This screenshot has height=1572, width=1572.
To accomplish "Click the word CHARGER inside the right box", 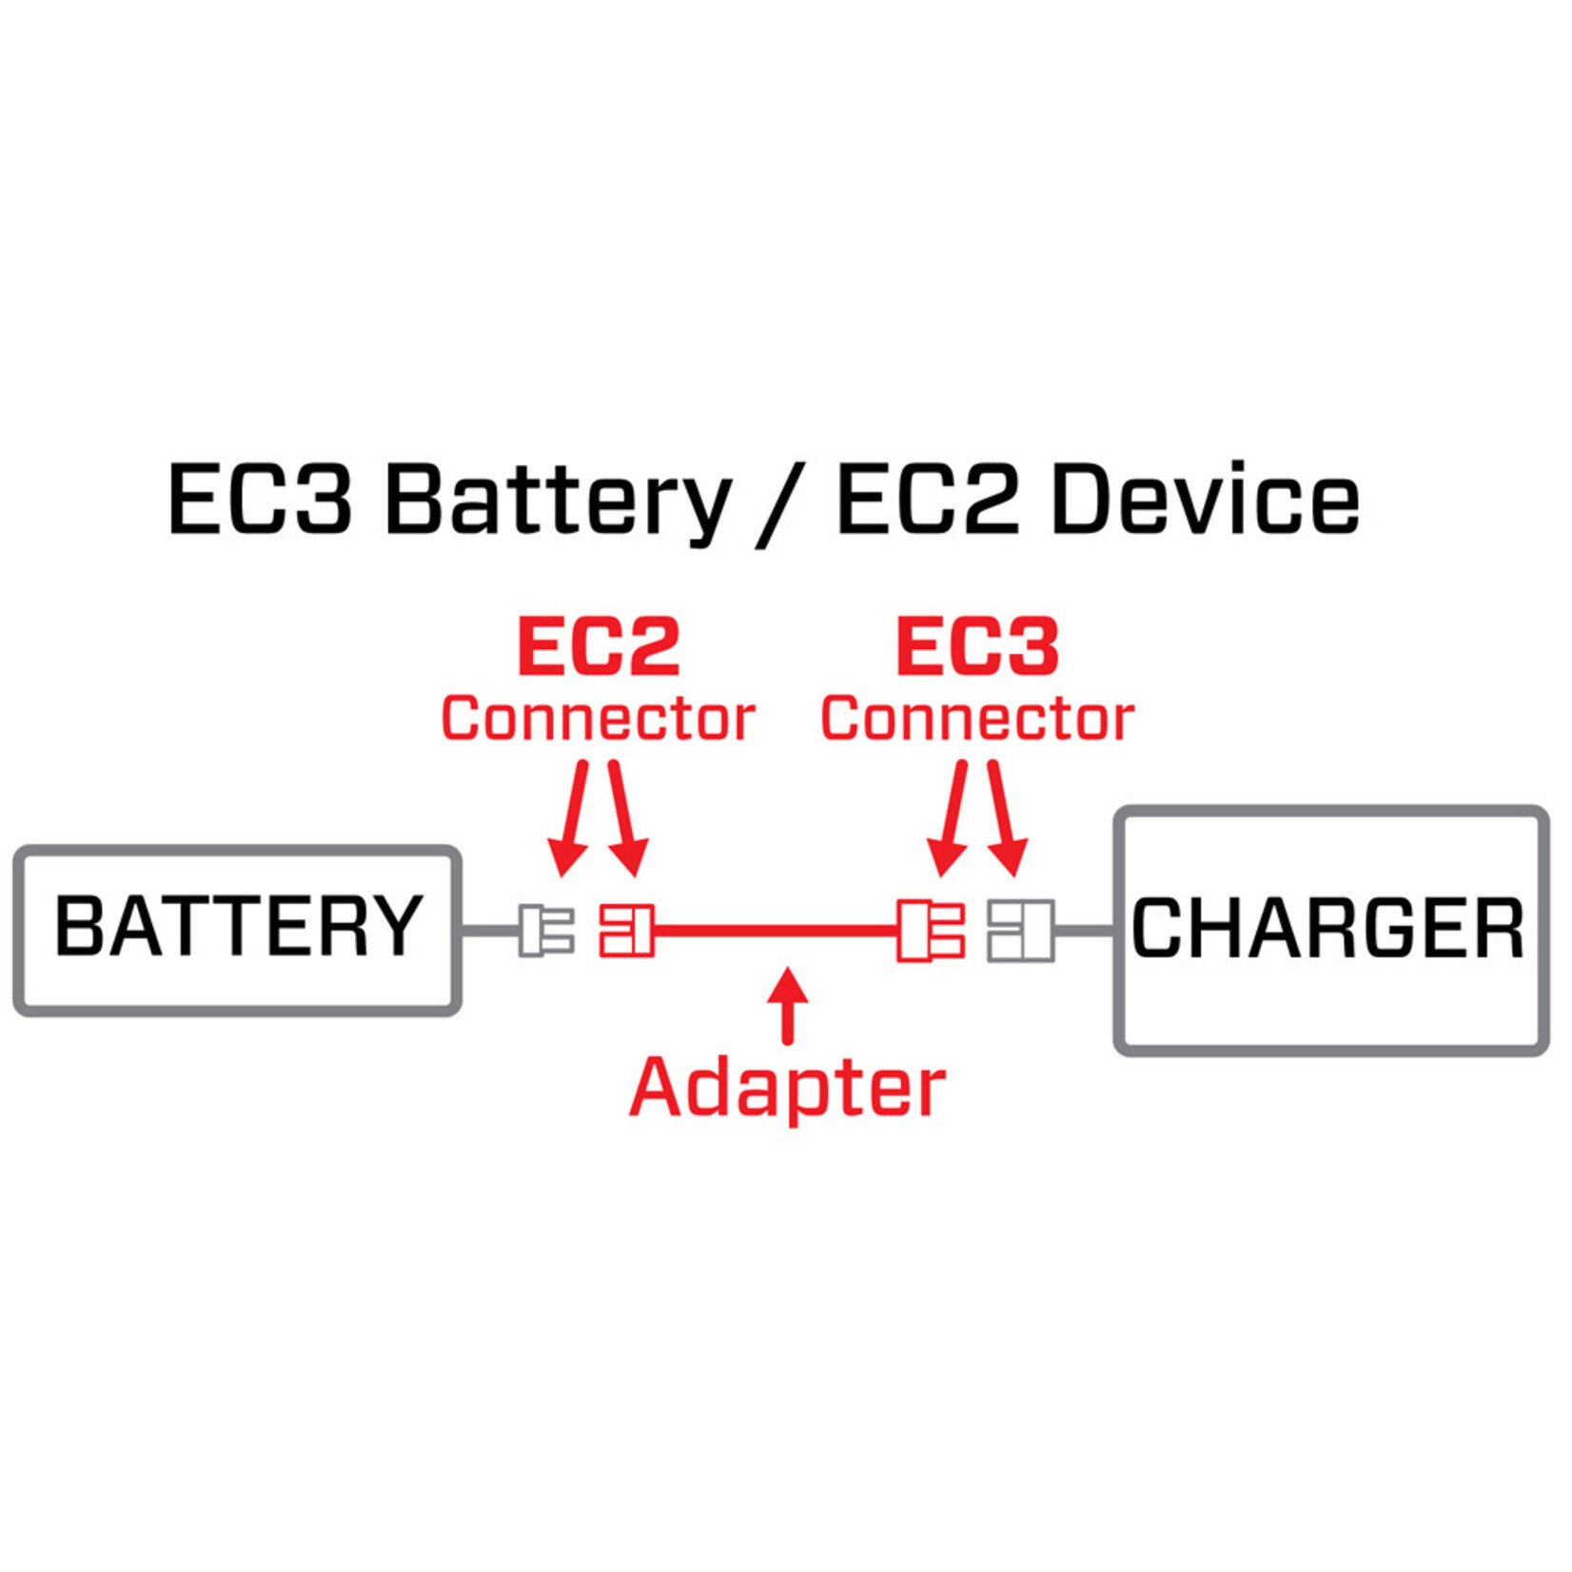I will (x=1328, y=929).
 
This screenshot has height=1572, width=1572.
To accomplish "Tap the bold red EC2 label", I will (x=599, y=646).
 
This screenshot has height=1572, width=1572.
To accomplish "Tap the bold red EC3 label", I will (x=977, y=646).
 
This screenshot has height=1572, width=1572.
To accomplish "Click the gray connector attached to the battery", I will (x=546, y=930).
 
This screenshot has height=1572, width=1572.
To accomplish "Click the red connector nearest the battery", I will (x=626, y=930).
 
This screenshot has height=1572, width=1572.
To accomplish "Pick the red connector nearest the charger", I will (x=930, y=930).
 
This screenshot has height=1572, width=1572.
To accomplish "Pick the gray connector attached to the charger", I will (x=1020, y=930).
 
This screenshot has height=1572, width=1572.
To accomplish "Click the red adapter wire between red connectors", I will (x=776, y=930).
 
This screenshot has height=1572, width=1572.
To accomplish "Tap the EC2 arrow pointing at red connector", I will (x=625, y=818).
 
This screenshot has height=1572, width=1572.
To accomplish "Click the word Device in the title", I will (x=1206, y=501).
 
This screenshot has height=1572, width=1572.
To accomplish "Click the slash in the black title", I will (x=782, y=504).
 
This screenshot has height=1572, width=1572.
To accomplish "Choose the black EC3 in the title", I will (x=260, y=501).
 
